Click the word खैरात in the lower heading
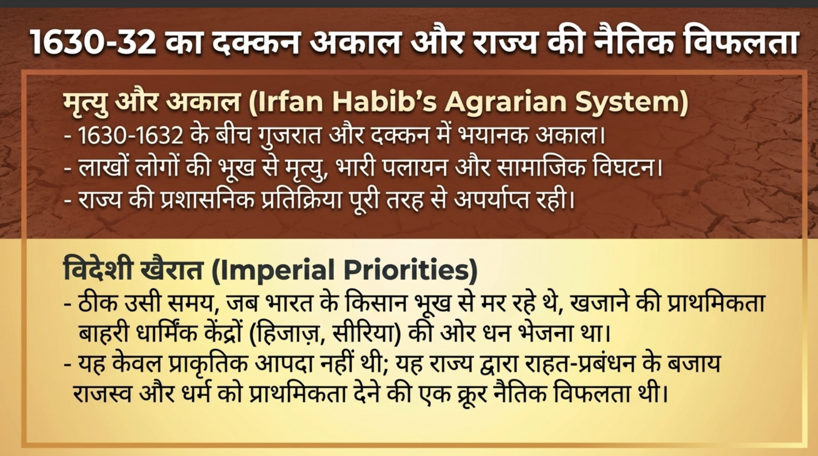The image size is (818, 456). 171,270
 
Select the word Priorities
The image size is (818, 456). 406,270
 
